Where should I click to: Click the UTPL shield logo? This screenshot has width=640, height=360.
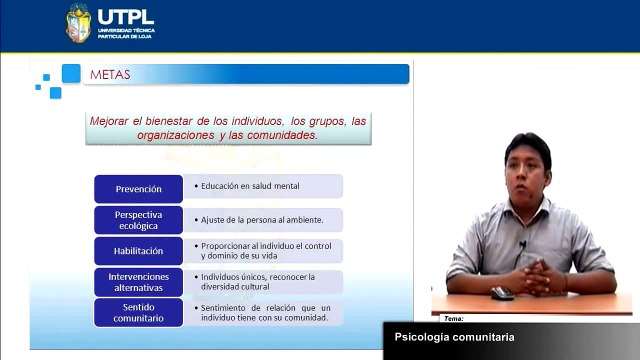pyautogui.click(x=78, y=23)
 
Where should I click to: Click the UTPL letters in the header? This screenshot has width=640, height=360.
pyautogui.click(x=125, y=17)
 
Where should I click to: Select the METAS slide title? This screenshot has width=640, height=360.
pyautogui.click(x=110, y=74)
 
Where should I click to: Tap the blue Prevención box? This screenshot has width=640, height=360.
pyautogui.click(x=138, y=187)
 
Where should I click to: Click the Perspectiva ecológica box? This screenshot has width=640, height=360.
pyautogui.click(x=138, y=219)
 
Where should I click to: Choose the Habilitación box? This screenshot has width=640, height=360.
pyautogui.click(x=138, y=251)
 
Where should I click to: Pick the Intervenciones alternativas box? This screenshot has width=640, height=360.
pyautogui.click(x=138, y=282)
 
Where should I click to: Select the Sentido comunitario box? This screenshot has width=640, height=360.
pyautogui.click(x=138, y=313)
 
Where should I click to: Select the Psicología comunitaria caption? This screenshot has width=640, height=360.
pyautogui.click(x=454, y=337)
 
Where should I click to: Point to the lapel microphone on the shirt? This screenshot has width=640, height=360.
pyautogui.click(x=522, y=243)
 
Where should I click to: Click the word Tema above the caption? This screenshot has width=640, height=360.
pyautogui.click(x=452, y=318)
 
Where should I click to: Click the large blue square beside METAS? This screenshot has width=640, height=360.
pyautogui.click(x=71, y=73)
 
